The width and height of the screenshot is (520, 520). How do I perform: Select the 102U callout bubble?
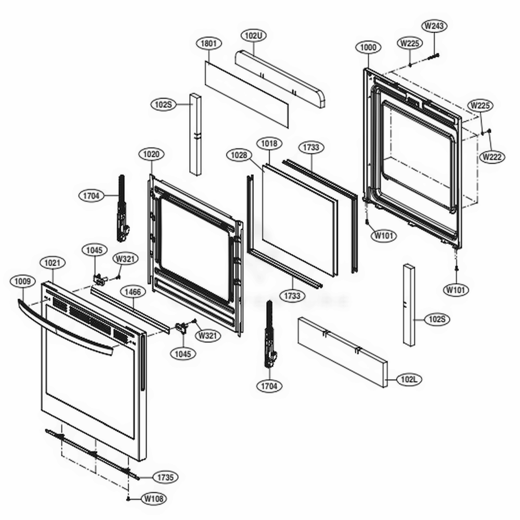point(253,35)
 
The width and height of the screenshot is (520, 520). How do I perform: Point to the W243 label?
point(436,25)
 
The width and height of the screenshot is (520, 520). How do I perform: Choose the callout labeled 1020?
point(151,154)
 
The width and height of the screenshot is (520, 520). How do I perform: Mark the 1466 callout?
point(133,292)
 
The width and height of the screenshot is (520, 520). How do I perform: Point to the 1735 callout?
point(165,477)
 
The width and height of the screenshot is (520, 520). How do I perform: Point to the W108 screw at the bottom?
point(128,498)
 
